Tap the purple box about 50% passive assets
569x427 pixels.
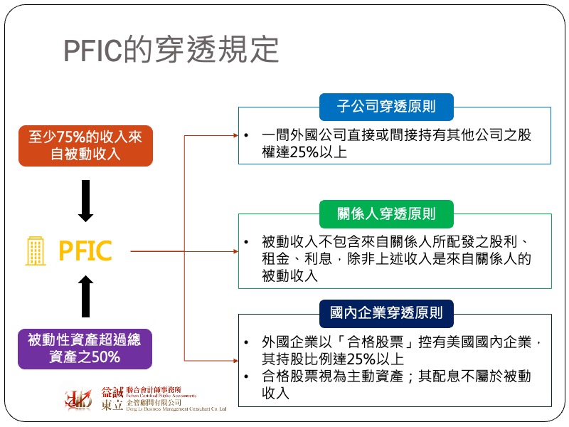point(85,348)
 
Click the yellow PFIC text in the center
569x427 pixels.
point(85,251)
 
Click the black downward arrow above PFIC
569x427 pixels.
point(85,201)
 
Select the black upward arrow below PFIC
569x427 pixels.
point(85,296)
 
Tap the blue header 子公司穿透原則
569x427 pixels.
point(386,107)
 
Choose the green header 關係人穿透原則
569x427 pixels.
point(386,213)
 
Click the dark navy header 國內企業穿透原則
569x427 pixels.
point(386,312)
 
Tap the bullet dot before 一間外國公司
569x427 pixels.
point(245,135)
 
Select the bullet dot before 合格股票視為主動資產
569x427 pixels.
point(245,376)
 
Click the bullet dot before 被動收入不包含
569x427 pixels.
point(245,242)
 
